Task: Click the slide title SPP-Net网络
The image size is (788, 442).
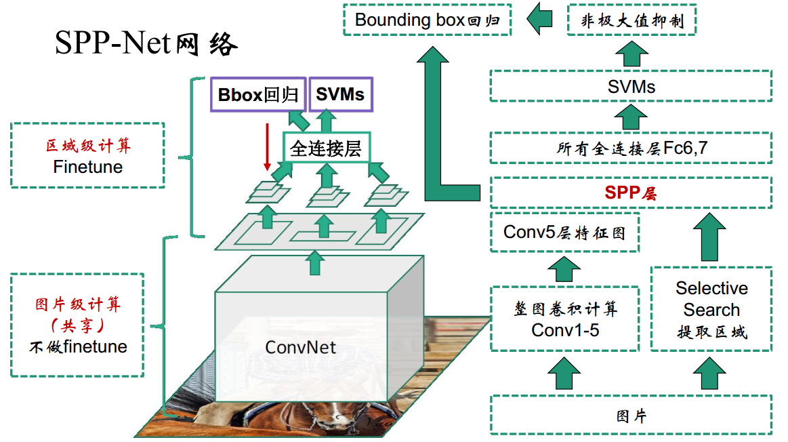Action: click(x=146, y=44)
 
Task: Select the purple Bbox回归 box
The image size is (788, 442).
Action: click(x=258, y=95)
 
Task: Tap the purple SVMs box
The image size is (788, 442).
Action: click(x=340, y=95)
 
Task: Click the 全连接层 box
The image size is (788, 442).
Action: click(x=326, y=148)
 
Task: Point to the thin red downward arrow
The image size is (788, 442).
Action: click(x=268, y=146)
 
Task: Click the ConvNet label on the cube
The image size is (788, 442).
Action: click(x=300, y=348)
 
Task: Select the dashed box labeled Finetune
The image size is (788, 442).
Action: click(x=88, y=155)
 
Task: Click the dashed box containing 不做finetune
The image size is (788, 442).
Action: click(x=78, y=325)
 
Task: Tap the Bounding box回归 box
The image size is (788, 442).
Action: click(x=427, y=20)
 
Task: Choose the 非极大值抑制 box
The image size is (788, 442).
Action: click(x=632, y=20)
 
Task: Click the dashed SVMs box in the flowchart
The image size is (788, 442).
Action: click(x=631, y=86)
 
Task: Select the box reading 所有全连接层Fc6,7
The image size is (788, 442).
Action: click(x=631, y=148)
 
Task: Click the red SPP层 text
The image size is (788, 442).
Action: click(x=631, y=193)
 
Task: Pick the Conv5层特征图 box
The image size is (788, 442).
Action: click(x=564, y=233)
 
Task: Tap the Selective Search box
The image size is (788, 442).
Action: click(x=711, y=309)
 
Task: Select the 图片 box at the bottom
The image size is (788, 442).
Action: click(x=631, y=415)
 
